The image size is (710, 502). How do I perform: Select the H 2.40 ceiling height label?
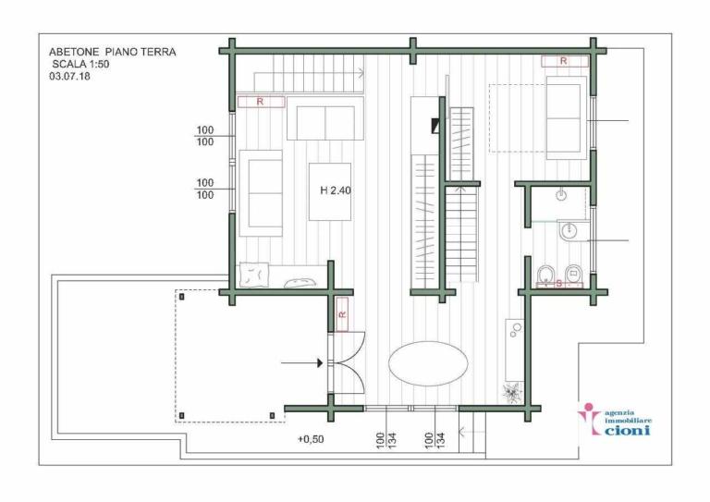click(x=335, y=191)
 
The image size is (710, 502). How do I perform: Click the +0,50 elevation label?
click(x=311, y=439)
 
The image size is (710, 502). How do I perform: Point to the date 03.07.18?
click(x=70, y=78)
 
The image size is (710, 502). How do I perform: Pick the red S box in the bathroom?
click(x=559, y=285)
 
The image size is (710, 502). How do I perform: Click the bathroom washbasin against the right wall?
click(x=570, y=231)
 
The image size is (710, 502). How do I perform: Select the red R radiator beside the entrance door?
click(x=342, y=313)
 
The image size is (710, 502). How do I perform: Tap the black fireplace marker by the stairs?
click(x=433, y=128)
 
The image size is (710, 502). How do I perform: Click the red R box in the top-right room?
click(x=564, y=61)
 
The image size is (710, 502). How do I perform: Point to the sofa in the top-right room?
click(x=566, y=117)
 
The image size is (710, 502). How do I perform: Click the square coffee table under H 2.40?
click(x=331, y=191)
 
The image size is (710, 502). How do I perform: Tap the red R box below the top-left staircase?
click(x=260, y=102)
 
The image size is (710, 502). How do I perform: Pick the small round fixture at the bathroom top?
click(x=561, y=196)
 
